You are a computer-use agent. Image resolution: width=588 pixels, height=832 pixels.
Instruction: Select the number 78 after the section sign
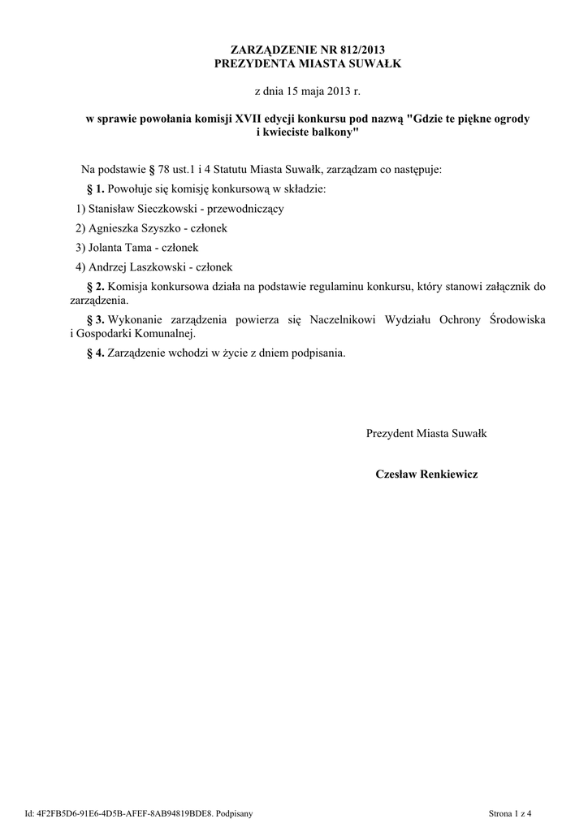click(x=165, y=170)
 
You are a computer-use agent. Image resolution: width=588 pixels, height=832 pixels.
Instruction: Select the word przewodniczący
click(x=245, y=209)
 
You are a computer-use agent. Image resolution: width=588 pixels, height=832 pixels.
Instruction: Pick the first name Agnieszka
click(x=116, y=228)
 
